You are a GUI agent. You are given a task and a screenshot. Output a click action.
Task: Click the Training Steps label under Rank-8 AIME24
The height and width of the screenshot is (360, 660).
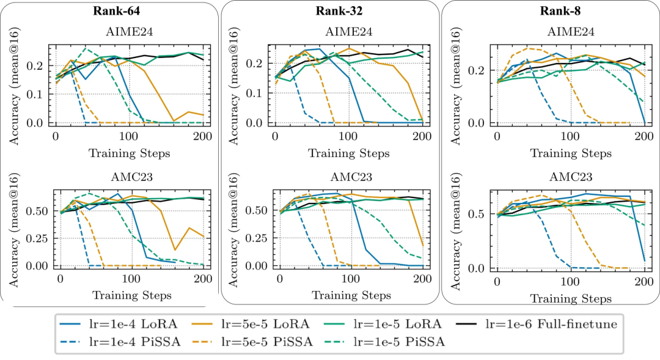570,153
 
